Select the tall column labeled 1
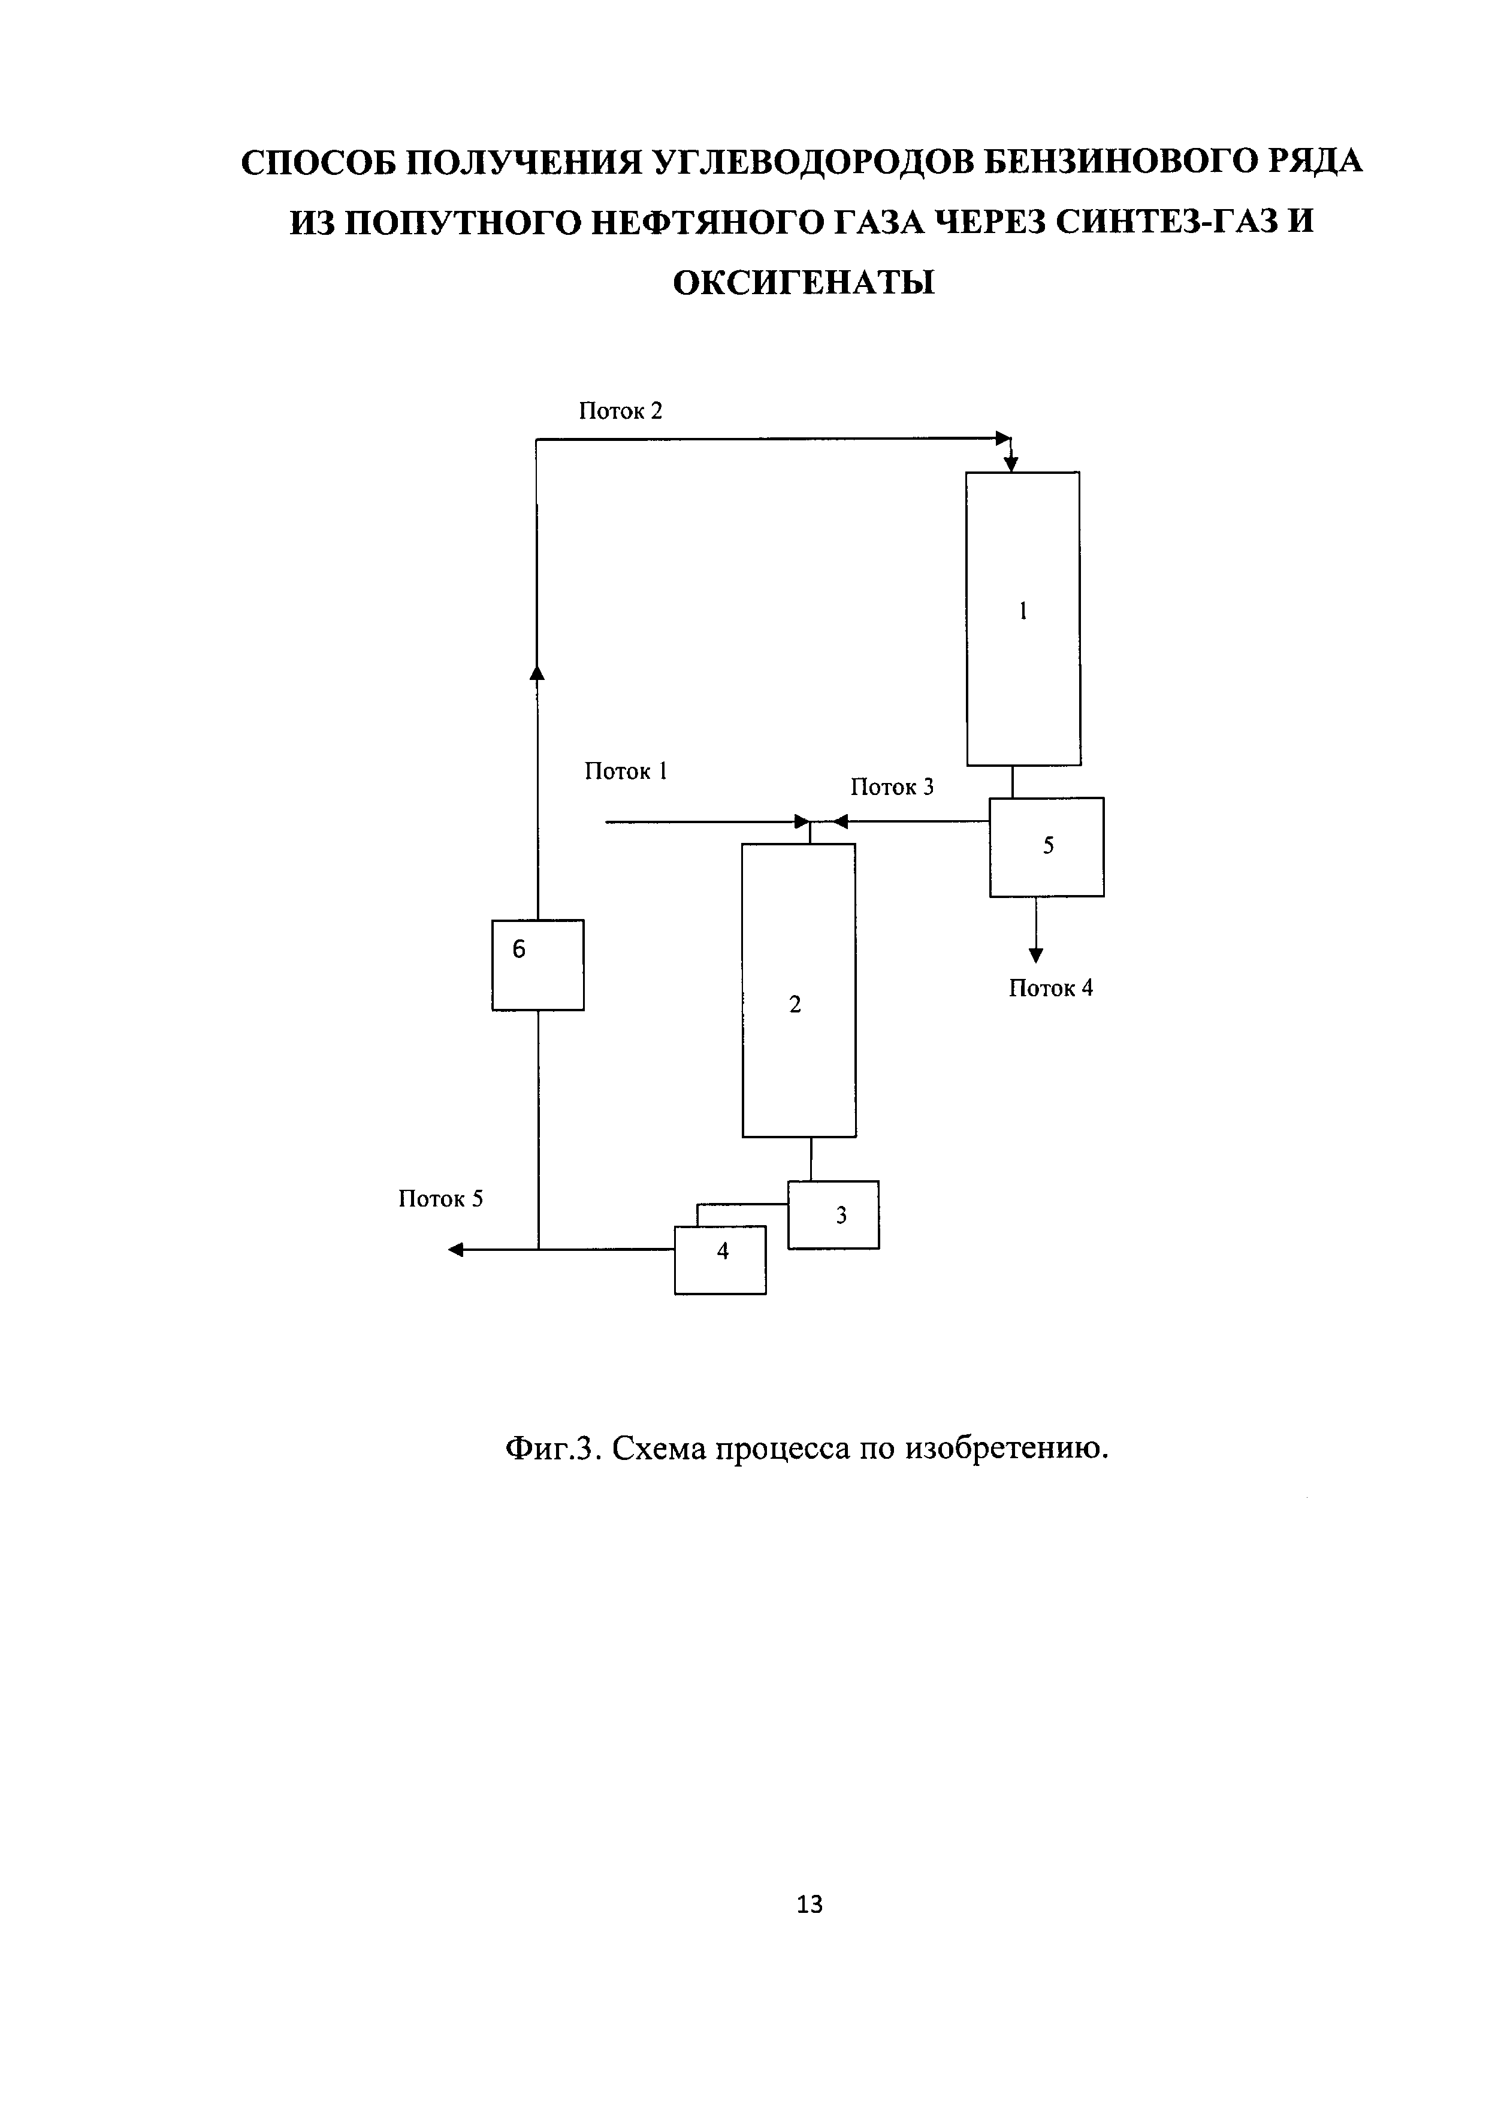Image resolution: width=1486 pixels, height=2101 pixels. point(1023,619)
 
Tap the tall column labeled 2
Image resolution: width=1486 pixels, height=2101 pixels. point(798,990)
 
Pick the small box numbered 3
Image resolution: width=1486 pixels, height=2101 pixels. point(833,1215)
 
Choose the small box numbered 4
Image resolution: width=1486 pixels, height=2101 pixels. point(720,1259)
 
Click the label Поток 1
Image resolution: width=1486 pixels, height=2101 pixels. point(626,772)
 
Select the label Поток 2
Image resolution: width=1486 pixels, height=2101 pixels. point(620,411)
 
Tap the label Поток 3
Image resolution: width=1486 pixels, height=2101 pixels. point(892,787)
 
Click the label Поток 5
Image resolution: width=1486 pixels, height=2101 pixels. point(440,1199)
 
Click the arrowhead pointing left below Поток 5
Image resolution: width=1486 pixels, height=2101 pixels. point(455,1250)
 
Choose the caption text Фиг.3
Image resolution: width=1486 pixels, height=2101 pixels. point(552,1449)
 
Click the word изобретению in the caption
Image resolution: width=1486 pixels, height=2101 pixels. point(1007,1449)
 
